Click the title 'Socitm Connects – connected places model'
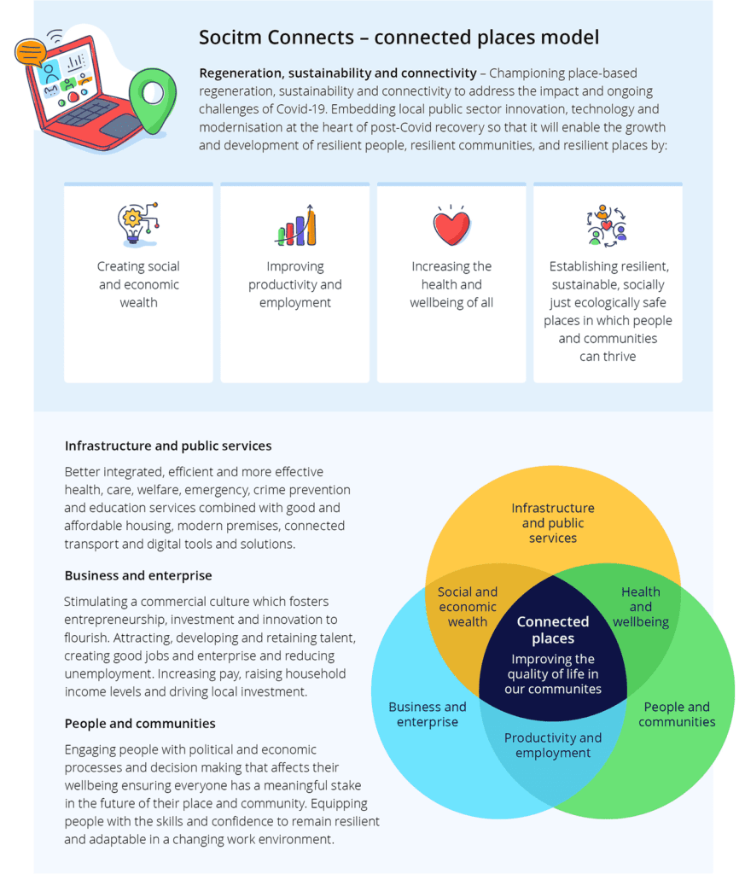coord(399,38)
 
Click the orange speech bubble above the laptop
coord(30,52)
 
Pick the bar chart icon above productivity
coord(296,224)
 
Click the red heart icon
coord(451,226)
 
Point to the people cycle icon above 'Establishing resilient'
coord(607,225)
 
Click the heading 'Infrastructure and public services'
coord(168,446)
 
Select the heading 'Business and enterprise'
coord(138,575)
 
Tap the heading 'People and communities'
coord(140,724)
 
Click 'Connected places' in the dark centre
coord(553,630)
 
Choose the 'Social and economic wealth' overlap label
coord(468,607)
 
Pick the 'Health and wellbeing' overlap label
coord(641,607)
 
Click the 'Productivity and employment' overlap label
coord(553,745)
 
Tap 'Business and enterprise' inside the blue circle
coord(428,714)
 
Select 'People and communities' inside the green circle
coord(677,714)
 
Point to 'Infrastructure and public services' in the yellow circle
coord(553,523)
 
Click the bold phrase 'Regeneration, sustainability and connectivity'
coord(338,73)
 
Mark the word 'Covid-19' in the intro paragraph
coord(301,108)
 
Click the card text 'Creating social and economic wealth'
coord(139,284)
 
